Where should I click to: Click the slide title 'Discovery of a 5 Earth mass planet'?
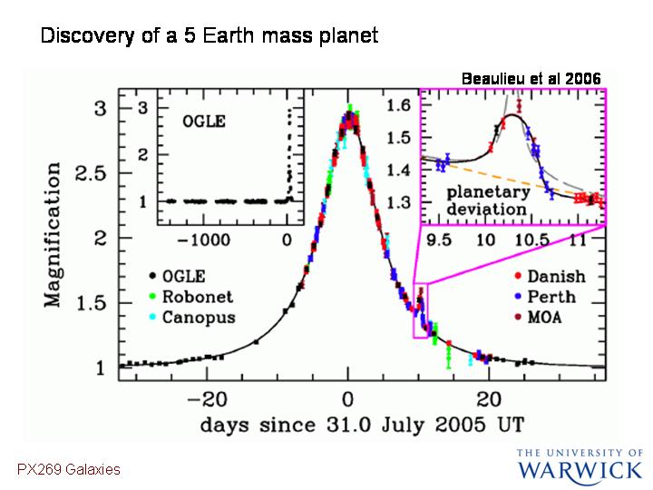[210, 35]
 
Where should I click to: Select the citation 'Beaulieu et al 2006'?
[531, 79]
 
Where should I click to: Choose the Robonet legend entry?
[191, 297]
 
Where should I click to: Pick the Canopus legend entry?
[192, 318]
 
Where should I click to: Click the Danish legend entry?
[551, 276]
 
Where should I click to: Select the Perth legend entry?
[546, 297]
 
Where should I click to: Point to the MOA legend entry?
[538, 318]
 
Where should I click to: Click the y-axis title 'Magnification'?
[53, 235]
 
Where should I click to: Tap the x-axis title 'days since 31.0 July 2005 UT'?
[362, 425]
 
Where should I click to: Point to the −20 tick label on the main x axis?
[207, 399]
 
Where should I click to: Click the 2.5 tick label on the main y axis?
[92, 173]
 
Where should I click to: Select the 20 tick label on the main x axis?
[489, 399]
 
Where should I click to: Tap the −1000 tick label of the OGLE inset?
[204, 240]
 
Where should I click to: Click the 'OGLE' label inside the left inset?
[204, 122]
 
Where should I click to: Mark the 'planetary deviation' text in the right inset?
[488, 201]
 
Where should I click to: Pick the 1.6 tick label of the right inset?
[398, 105]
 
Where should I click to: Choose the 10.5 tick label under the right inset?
[531, 240]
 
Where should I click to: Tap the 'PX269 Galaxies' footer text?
[69, 470]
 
